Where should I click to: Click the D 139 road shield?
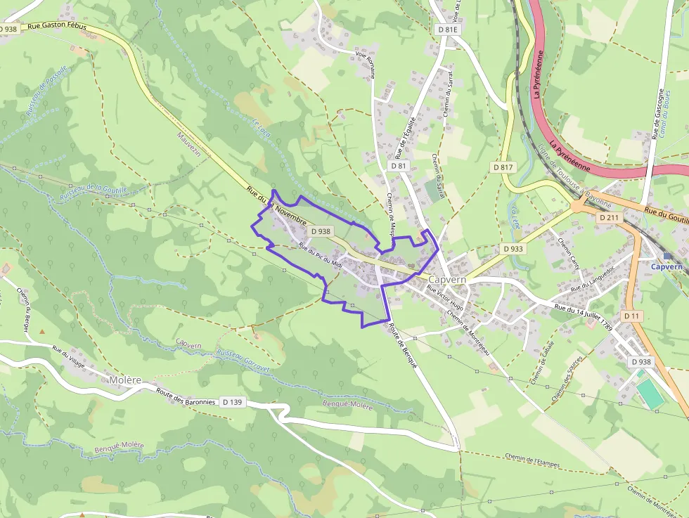[x=231, y=402]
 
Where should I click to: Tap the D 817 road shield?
[x=503, y=167]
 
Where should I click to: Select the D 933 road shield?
[x=513, y=249]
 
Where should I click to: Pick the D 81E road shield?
[x=447, y=30]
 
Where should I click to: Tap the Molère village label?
[x=125, y=380]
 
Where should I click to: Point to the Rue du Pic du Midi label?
[x=320, y=254]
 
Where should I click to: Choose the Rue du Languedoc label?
[x=593, y=278]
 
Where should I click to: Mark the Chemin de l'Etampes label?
[x=531, y=457]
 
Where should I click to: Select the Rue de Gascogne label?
[x=659, y=114]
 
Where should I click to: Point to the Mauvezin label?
[x=190, y=145]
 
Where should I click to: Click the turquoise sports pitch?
[x=650, y=393]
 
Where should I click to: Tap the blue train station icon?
[x=667, y=257]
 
